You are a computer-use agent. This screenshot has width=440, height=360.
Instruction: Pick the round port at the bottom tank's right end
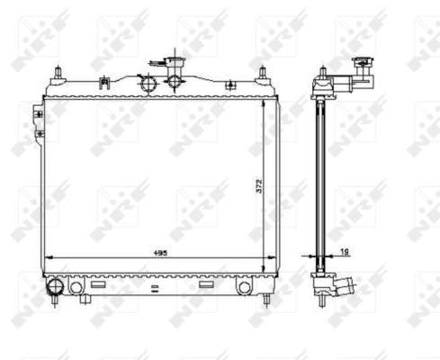click(244, 286)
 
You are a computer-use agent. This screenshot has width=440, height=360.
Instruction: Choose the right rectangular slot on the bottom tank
click(206, 284)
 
